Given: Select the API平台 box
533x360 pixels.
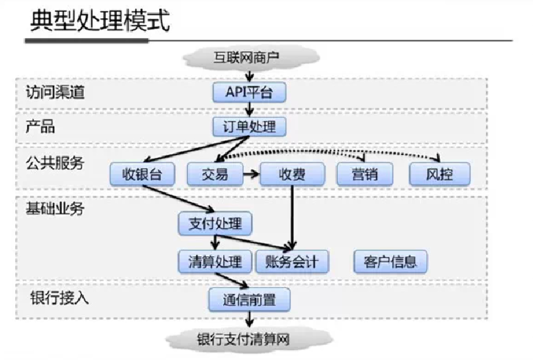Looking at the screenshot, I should pyautogui.click(x=249, y=93).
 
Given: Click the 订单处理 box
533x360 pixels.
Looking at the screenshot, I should pyautogui.click(x=249, y=126).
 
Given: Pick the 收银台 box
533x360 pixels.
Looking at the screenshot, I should pyautogui.click(x=142, y=174).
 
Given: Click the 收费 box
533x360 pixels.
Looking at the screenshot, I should pyautogui.click(x=292, y=174).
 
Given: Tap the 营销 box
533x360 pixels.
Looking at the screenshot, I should pyautogui.click(x=364, y=174).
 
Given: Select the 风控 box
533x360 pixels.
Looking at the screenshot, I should pyautogui.click(x=439, y=174).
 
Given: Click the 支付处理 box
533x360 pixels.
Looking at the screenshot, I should pyautogui.click(x=215, y=224).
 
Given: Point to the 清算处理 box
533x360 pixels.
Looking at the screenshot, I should pyautogui.click(x=215, y=262).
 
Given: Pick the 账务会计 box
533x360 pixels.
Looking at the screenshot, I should pyautogui.click(x=292, y=262).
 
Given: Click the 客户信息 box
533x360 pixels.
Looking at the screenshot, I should pyautogui.click(x=390, y=262).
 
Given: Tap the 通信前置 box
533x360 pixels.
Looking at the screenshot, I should pyautogui.click(x=249, y=300).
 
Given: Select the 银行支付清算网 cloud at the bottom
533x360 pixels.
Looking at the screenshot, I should pyautogui.click(x=243, y=339).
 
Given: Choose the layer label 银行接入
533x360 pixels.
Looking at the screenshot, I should pyautogui.click(x=59, y=297).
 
